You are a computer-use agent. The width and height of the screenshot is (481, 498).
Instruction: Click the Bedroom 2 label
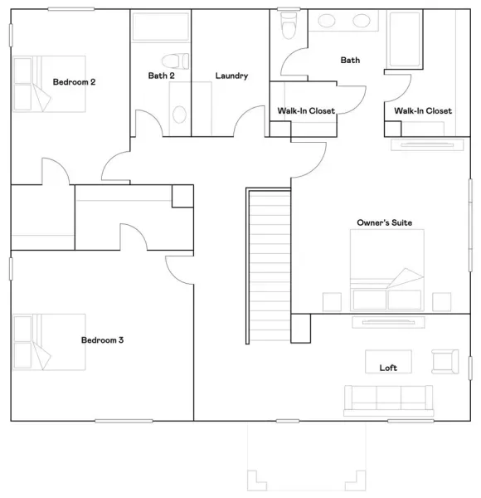point(74,82)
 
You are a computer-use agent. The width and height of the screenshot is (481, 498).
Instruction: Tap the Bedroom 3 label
point(102,339)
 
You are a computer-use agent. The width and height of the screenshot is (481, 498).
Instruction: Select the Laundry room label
point(231,76)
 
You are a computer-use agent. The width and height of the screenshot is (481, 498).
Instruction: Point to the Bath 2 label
point(161,76)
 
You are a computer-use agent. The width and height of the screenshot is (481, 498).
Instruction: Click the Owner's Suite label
point(385,222)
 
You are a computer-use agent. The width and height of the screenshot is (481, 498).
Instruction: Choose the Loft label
point(388,368)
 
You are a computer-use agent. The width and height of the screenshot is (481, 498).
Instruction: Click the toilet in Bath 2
point(176,61)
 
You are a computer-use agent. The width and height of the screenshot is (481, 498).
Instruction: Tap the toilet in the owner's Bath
point(289,25)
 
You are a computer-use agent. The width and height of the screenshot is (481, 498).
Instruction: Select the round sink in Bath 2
point(179,115)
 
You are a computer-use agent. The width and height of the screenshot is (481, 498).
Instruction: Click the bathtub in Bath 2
point(161,27)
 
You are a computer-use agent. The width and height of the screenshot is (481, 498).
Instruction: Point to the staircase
point(268,266)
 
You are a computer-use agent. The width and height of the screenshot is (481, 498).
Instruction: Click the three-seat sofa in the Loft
point(389,401)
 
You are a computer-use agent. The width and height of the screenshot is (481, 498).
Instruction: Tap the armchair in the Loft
point(445,361)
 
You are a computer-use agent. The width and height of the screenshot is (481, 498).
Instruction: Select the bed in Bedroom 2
point(49,84)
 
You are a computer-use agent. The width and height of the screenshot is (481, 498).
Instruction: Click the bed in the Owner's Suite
point(387,270)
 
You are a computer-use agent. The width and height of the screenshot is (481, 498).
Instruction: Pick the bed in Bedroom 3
point(49,342)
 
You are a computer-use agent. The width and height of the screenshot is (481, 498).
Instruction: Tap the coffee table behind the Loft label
point(388,361)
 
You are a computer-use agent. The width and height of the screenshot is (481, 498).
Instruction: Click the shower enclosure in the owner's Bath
point(405,39)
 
